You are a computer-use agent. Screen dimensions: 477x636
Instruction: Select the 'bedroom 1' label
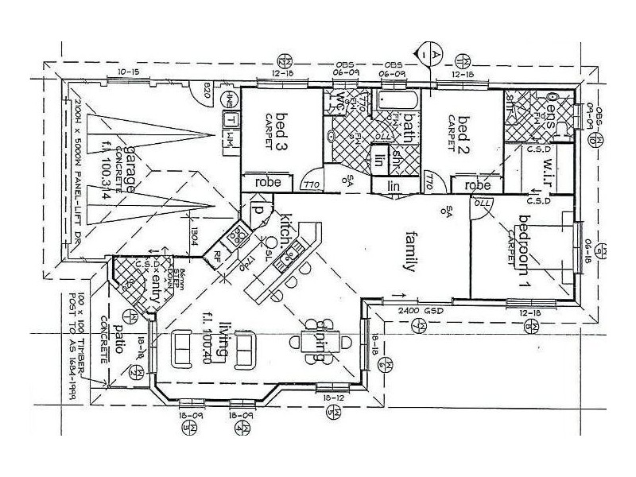(x=523, y=250)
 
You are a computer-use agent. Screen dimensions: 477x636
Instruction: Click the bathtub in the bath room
(x=396, y=103)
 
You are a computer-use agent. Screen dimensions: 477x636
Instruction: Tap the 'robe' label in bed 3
(x=266, y=182)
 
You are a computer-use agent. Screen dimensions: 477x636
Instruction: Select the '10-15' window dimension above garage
(x=128, y=72)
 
